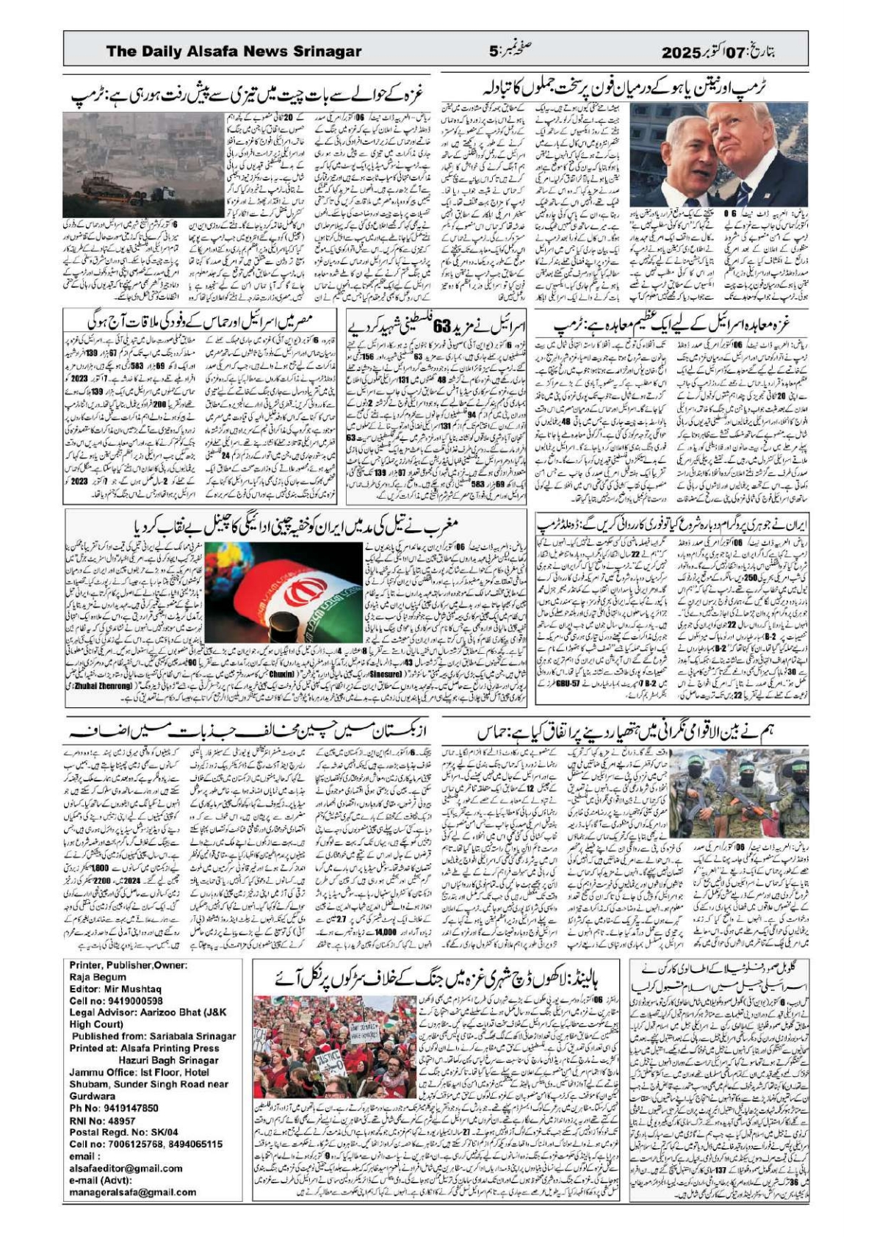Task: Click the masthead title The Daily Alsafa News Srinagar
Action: click(234, 51)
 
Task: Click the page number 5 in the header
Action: click(494, 51)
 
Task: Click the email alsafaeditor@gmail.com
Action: click(126, 1168)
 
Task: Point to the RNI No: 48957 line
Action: click(102, 1121)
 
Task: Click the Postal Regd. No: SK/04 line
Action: click(123, 1133)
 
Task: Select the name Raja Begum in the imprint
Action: click(98, 978)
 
